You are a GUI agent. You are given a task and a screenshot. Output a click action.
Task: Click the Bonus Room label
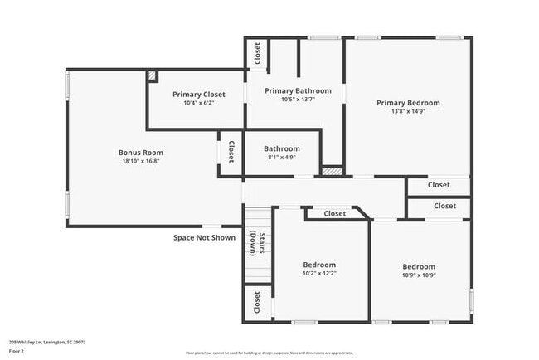[x=140, y=153]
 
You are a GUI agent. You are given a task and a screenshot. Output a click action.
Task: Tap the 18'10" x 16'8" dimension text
[x=140, y=161]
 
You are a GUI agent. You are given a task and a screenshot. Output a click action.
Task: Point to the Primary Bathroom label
[x=298, y=90]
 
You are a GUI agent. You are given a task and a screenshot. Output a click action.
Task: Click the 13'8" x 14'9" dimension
[x=408, y=111]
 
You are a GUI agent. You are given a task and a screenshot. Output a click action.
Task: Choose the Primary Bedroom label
[x=408, y=103]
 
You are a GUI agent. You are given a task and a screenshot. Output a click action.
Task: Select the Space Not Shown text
[x=204, y=237]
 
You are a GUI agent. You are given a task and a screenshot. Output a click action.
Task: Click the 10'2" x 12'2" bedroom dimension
[x=319, y=273]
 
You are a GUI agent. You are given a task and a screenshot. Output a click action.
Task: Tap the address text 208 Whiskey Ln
[x=47, y=341]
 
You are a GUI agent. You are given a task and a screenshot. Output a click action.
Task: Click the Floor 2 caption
[x=17, y=351]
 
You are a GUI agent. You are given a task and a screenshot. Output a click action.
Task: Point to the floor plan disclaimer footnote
[x=269, y=352]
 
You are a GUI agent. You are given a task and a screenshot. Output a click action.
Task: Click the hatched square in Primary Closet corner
[x=153, y=75]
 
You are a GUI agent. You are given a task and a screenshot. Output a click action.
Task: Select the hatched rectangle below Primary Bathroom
[x=332, y=171]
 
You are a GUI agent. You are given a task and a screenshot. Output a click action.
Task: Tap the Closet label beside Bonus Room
[x=231, y=152]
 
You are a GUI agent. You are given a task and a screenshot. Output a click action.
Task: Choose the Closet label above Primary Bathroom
[x=257, y=53]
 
